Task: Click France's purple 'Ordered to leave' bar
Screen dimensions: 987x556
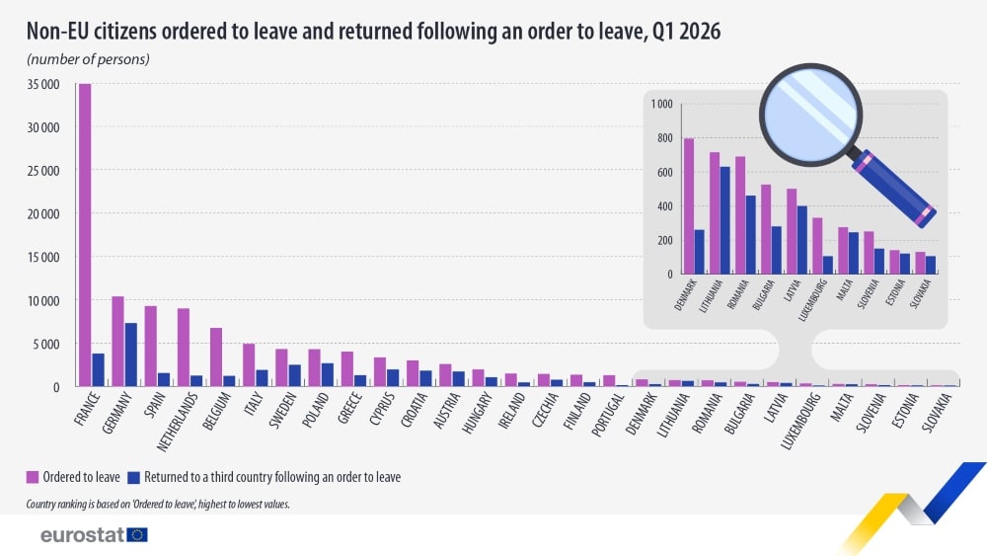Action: [84, 235]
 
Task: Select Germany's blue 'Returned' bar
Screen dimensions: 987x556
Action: [130, 355]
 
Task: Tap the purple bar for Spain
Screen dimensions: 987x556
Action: [150, 346]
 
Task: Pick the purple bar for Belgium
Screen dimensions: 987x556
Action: [216, 357]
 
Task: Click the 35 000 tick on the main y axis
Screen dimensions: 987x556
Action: [42, 84]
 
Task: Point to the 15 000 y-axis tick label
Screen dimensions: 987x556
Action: [42, 257]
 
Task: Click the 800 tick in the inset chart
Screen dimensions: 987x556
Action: [664, 138]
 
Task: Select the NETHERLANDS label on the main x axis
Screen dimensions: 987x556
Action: [179, 421]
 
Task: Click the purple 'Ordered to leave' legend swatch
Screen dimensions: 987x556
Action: [33, 477]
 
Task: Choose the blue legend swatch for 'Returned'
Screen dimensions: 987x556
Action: [133, 477]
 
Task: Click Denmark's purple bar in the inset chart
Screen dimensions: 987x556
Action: [689, 205]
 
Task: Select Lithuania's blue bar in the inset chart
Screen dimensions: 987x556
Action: [725, 220]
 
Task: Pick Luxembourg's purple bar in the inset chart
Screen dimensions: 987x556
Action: [817, 246]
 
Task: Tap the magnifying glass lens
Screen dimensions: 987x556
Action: [810, 114]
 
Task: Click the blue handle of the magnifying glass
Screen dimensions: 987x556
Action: [894, 188]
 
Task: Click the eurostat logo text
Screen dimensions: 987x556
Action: [82, 535]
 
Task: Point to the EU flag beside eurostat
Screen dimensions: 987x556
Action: [137, 535]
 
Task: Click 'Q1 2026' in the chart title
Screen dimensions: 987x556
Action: [687, 31]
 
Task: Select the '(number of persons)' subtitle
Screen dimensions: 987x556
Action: [88, 59]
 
